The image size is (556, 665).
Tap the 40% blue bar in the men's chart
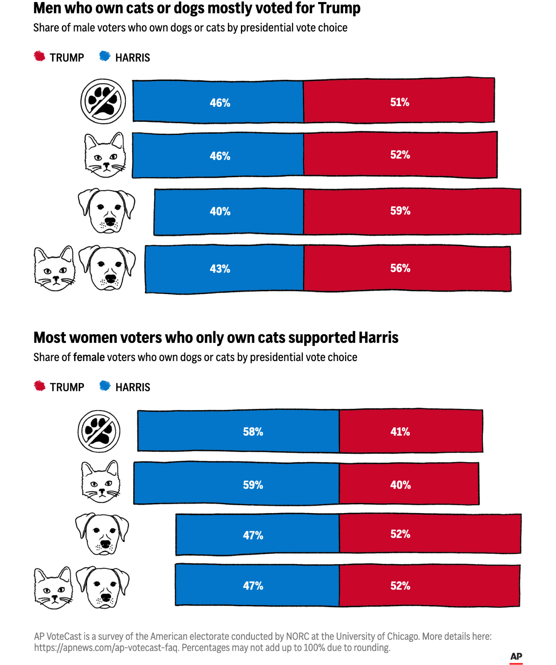(229, 211)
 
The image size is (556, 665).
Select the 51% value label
(399, 102)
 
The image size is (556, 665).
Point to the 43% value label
(220, 269)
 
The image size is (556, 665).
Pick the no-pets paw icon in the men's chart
(103, 101)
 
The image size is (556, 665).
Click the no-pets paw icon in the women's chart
(99, 431)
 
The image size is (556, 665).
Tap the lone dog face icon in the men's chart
(107, 211)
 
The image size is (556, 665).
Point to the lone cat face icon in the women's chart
(101, 482)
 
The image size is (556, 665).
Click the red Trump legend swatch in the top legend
(40, 56)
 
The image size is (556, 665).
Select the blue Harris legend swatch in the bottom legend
(105, 386)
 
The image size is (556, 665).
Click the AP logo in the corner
(516, 657)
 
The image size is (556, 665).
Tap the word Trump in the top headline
(339, 8)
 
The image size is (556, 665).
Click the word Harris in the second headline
(378, 338)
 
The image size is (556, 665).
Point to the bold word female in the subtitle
(89, 357)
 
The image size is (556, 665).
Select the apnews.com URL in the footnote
(106, 648)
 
